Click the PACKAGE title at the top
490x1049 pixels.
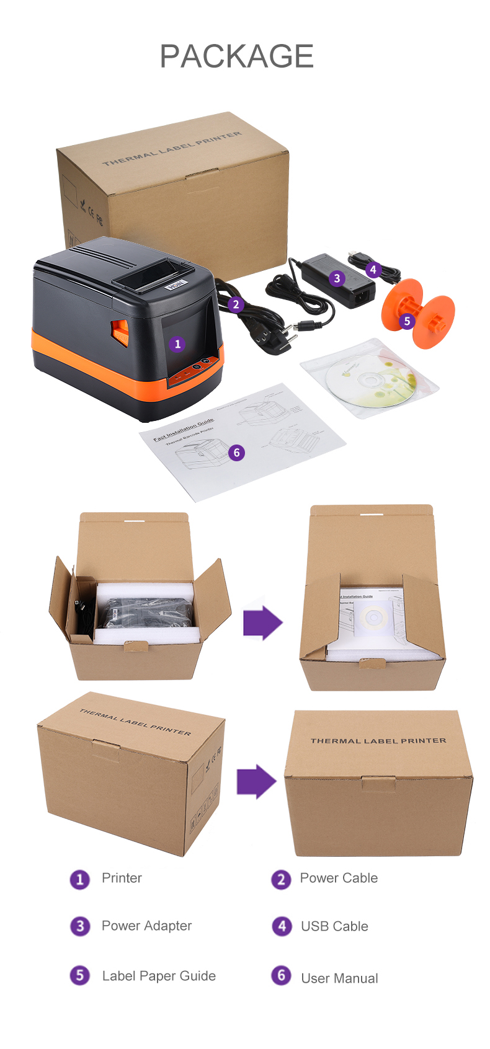coord(236,56)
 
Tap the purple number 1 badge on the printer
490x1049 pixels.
coord(177,343)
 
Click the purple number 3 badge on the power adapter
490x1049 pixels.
coord(337,278)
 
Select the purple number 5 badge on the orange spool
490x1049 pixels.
coord(407,321)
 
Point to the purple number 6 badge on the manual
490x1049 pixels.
coord(236,453)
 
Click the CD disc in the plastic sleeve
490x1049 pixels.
coord(371,382)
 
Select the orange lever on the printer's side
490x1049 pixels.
coord(120,332)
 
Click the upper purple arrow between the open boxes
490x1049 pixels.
coord(262,622)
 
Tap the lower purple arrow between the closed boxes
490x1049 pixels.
coord(256,781)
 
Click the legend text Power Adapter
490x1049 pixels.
coord(146,926)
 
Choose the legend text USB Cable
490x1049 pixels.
coord(334,926)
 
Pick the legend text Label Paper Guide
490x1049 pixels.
coord(159,976)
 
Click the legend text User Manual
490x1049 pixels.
coord(339,978)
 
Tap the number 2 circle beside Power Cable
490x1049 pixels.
coord(281,879)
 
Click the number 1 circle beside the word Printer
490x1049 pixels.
coord(79,879)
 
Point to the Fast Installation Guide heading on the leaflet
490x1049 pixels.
coord(184,429)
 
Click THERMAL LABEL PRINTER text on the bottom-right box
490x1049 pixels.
coord(378,741)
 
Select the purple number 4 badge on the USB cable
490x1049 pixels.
coord(373,270)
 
